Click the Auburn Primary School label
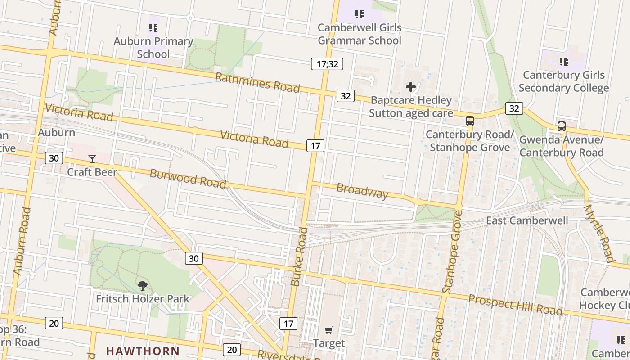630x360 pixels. point(153,48)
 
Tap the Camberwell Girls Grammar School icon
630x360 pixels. point(359,14)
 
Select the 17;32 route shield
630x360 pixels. point(327,64)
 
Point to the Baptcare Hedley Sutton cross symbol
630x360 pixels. point(410,86)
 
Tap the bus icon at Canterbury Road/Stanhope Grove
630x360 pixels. point(470,121)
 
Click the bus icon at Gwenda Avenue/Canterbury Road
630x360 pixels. point(562,126)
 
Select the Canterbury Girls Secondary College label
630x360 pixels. point(563,81)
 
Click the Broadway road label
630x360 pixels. point(362,191)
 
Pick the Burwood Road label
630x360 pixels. point(188,179)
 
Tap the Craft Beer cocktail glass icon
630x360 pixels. point(92,158)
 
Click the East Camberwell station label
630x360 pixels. point(527,220)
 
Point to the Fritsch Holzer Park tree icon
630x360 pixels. point(143,285)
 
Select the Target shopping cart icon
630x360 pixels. point(329,330)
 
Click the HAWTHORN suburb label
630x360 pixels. point(143,351)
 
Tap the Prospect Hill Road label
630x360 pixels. point(515,305)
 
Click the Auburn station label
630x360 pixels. point(56,133)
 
